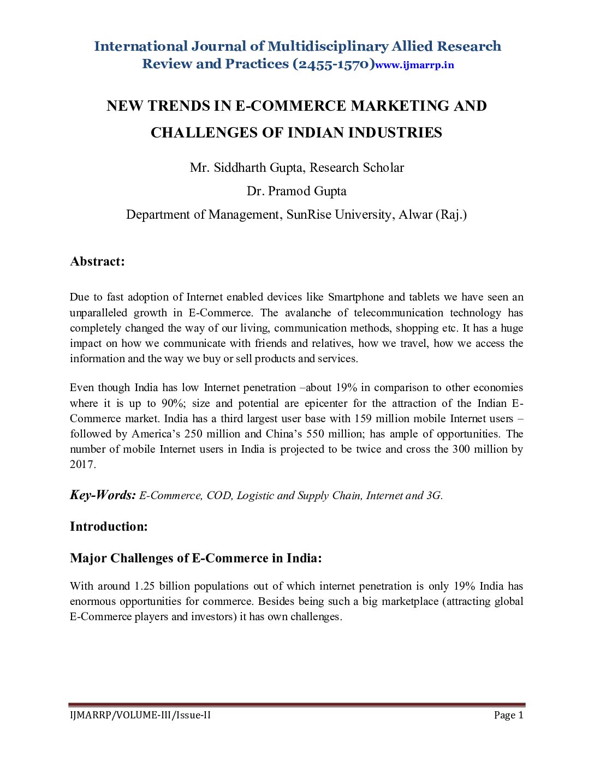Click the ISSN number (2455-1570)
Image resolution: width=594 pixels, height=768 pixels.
(x=334, y=64)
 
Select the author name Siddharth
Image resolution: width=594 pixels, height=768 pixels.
(x=239, y=167)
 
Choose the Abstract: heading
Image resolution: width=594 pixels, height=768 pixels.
(x=97, y=261)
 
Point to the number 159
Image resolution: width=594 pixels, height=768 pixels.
(x=363, y=418)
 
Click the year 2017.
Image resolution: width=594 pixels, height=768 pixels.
(x=82, y=464)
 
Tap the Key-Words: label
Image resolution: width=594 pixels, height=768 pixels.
(x=103, y=495)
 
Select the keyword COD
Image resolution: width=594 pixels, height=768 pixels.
(x=219, y=495)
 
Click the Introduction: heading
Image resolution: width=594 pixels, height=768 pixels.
(x=109, y=526)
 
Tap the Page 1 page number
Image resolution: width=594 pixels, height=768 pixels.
(x=508, y=715)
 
